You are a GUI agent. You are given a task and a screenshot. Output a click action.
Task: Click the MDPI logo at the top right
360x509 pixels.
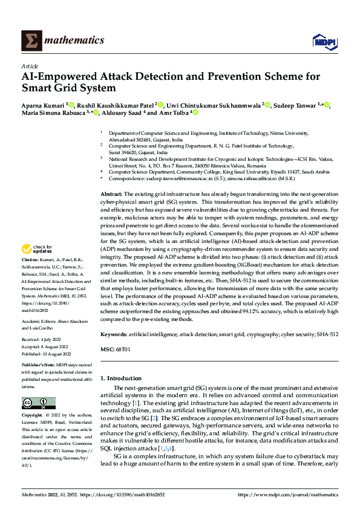coord(323,41)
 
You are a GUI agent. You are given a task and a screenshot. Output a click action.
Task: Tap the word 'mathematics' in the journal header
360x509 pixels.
coord(76,40)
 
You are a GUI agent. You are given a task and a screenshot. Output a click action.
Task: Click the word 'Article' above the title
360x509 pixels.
coord(29,66)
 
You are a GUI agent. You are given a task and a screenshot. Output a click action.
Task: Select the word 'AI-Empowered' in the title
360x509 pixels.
coord(64,77)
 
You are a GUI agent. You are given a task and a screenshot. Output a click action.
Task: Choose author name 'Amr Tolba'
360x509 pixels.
coord(174,112)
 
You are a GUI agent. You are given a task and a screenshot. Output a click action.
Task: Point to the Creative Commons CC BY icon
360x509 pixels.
coord(38,403)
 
